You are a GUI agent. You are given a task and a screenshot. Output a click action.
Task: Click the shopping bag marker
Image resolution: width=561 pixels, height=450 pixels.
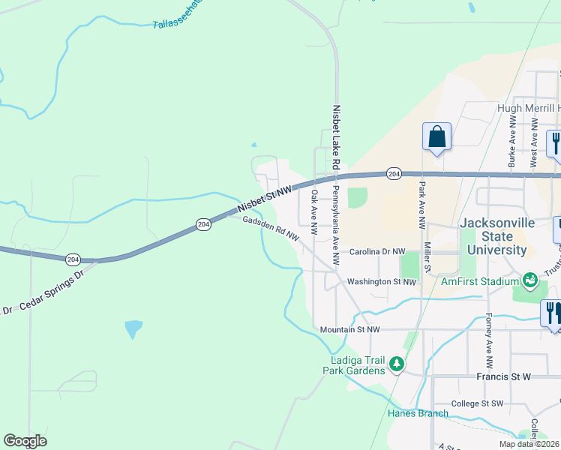(437, 137)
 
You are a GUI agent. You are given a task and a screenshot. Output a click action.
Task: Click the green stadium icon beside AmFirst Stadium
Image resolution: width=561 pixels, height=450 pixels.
(530, 280)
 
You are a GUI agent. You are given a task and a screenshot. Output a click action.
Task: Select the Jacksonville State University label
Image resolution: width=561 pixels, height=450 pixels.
(493, 236)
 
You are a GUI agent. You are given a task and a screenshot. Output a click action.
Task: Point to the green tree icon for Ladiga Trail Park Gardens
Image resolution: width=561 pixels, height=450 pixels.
(396, 365)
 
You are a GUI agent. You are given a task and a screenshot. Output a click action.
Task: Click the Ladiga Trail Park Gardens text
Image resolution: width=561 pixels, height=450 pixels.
(353, 364)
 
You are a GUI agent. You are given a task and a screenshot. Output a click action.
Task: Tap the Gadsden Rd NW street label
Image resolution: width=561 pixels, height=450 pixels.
(271, 229)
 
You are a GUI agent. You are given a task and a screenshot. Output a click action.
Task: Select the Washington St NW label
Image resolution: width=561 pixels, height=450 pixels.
(381, 282)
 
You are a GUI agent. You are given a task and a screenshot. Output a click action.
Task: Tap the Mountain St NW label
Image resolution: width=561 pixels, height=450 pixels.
(349, 329)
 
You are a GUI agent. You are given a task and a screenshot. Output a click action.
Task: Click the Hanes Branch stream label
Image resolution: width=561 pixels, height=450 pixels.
(418, 413)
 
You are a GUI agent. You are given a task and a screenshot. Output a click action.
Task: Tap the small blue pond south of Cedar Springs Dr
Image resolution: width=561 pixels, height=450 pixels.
(133, 328)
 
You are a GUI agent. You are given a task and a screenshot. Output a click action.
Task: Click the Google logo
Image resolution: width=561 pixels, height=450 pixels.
(25, 441)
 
